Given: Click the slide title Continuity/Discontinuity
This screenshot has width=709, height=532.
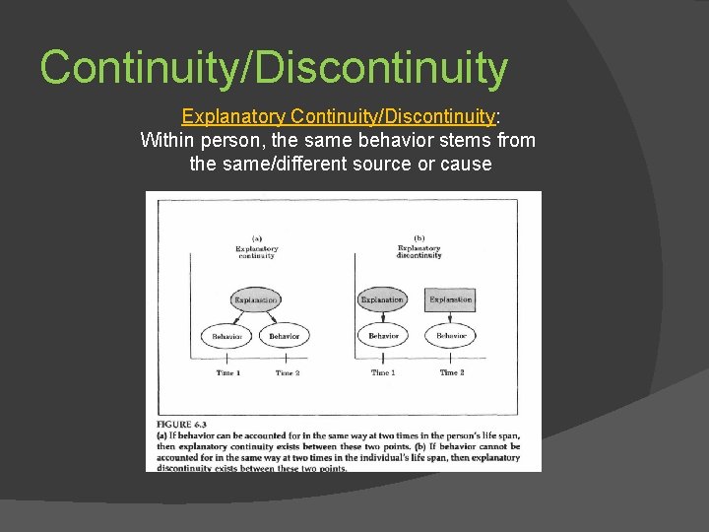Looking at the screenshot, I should [274, 68].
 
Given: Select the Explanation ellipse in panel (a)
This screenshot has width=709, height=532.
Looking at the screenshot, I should [256, 299].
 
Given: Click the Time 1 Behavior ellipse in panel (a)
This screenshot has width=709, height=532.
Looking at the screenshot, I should [226, 336].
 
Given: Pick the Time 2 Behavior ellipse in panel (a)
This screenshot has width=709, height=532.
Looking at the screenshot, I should [285, 336].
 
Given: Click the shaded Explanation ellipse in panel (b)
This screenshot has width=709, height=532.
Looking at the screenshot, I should [382, 299].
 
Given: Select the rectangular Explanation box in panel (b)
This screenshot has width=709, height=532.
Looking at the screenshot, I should [451, 299].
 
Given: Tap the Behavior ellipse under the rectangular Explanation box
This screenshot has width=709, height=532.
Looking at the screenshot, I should [451, 336].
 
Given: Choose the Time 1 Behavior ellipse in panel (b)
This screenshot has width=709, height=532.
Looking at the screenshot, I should [383, 336].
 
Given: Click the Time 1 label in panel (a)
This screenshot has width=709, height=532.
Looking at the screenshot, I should [227, 373].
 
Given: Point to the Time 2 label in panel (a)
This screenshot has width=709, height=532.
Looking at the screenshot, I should [287, 373].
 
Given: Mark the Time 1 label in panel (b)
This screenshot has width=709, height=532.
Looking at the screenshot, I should [383, 373].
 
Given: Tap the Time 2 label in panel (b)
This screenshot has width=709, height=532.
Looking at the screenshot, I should [451, 373].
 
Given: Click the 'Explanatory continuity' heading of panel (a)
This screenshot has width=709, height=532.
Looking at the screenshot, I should [256, 252].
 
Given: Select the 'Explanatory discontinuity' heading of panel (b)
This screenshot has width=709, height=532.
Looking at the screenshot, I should [419, 251].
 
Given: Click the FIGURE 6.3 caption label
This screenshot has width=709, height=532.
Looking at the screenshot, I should [182, 425].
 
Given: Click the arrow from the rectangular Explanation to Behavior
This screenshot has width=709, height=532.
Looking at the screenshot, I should [451, 317].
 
